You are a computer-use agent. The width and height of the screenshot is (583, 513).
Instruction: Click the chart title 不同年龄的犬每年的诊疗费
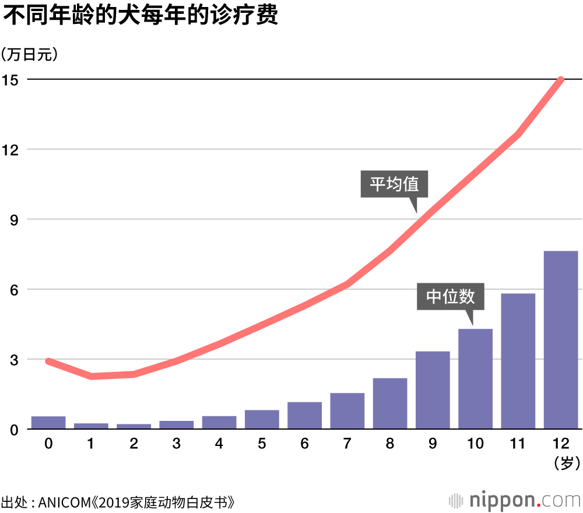click(x=141, y=16)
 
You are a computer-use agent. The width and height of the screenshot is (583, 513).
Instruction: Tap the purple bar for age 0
click(x=48, y=423)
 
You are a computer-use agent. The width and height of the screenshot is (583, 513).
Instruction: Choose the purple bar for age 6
click(x=304, y=416)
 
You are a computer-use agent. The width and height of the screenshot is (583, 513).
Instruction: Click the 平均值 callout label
click(x=394, y=184)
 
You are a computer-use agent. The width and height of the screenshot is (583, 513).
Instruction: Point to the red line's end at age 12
click(x=561, y=79)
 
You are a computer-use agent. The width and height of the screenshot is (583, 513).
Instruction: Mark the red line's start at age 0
click(x=48, y=361)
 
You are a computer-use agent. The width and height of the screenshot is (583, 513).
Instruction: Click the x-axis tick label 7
click(x=347, y=444)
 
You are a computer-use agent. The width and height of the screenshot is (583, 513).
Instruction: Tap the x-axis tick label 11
click(x=518, y=444)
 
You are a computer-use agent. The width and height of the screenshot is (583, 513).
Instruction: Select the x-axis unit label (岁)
click(x=565, y=464)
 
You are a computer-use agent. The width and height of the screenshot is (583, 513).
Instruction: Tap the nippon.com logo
click(x=515, y=500)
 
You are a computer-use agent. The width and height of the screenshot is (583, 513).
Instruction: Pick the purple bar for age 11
click(x=518, y=361)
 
